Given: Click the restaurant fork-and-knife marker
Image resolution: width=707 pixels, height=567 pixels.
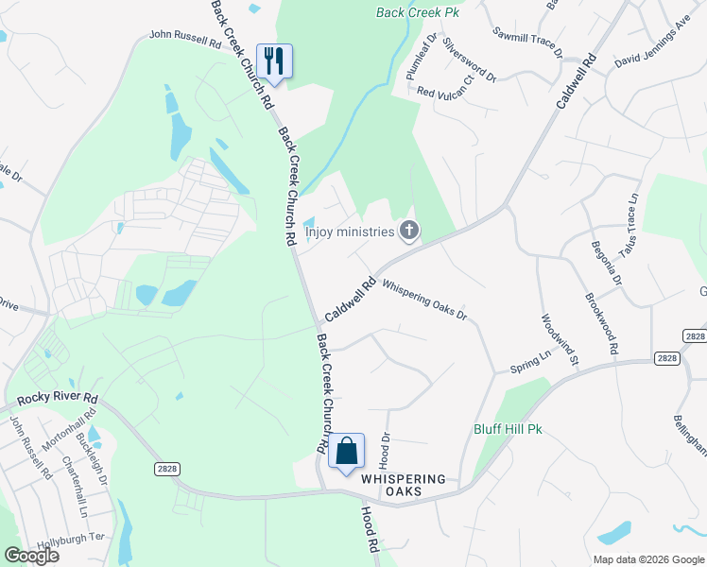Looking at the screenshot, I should point(274,61).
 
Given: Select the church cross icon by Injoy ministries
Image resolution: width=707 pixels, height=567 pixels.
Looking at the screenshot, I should point(408,230).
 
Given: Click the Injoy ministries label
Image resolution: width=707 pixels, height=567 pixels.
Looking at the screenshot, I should point(349,231).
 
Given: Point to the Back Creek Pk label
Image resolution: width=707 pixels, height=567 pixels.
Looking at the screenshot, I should point(417,12).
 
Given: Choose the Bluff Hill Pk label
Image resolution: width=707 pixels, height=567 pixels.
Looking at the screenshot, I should point(508,429).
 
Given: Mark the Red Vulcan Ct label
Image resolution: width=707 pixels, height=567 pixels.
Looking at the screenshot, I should point(450,92).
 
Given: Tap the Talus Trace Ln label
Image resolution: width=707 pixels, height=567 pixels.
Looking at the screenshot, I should point(630,219).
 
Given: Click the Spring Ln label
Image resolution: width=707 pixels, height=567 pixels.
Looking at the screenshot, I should point(530,363).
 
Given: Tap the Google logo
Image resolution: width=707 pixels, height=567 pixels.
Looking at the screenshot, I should point(30,556).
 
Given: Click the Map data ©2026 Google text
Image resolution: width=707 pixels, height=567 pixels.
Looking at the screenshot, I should point(648,558).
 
